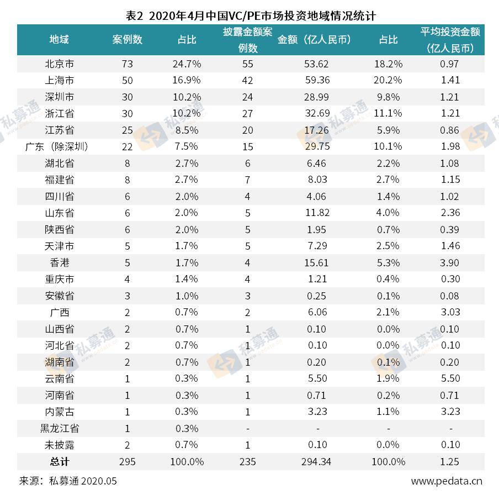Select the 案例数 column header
[x=127, y=40]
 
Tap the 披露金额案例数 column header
[x=247, y=40]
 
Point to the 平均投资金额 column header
[x=450, y=40]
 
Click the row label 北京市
[x=59, y=64]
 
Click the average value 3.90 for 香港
[x=450, y=262]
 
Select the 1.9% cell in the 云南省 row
[x=388, y=378]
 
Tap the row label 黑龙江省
[x=59, y=428]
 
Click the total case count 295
[x=127, y=461]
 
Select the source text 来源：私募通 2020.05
[x=68, y=481]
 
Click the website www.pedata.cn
[x=446, y=481]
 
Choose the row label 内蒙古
[x=59, y=412]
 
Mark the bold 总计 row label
[x=59, y=461]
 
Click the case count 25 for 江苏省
[x=127, y=130]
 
